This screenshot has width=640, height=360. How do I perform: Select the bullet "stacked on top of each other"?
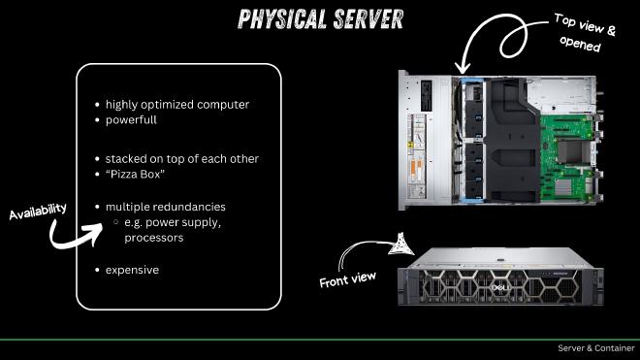182,158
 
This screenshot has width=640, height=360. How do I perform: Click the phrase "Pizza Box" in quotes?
138,175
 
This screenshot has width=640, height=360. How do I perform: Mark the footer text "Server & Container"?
595,348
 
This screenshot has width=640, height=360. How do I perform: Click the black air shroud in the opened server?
509,136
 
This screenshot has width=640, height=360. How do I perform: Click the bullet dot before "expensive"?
97,269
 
